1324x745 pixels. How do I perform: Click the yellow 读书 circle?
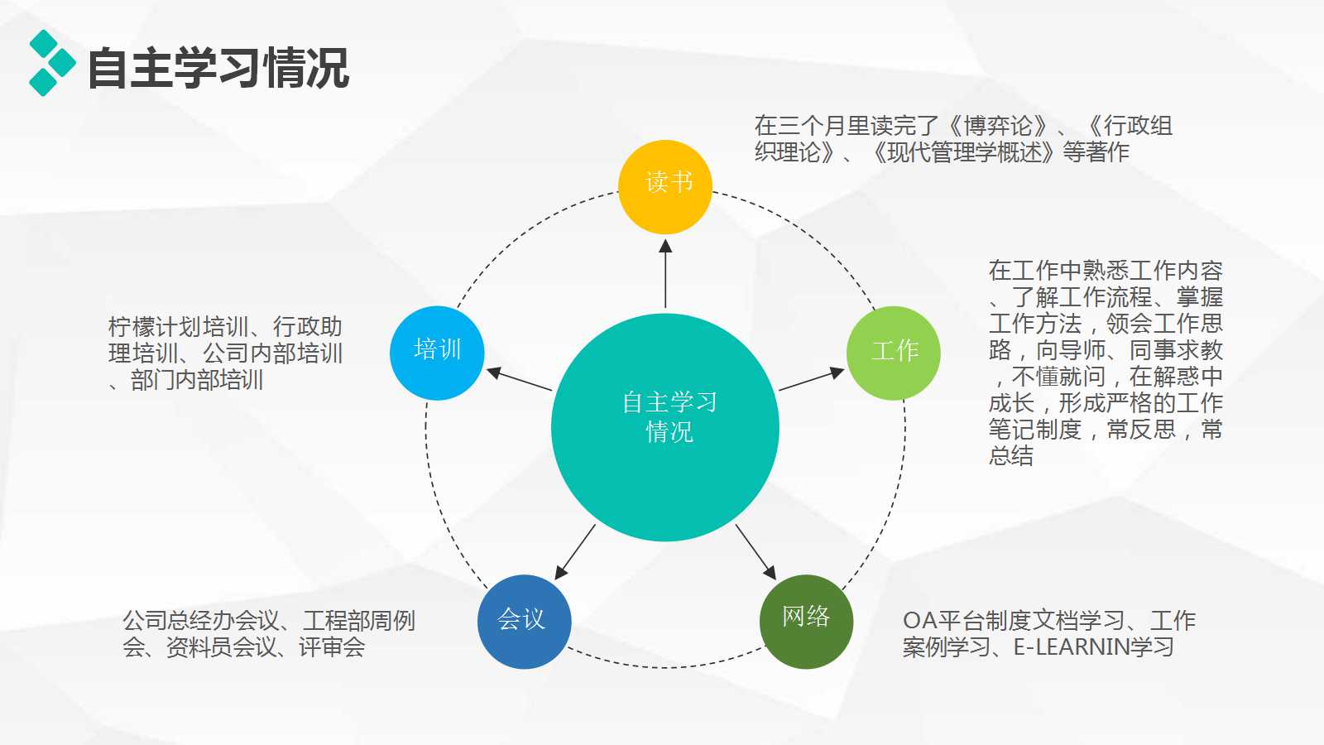(665, 187)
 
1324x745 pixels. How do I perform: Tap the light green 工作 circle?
(894, 353)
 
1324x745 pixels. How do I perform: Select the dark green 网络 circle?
(806, 621)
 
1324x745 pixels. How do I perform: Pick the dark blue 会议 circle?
(524, 621)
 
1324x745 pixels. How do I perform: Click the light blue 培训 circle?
(437, 353)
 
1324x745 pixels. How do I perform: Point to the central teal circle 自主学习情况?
(665, 427)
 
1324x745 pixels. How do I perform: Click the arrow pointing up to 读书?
(665, 273)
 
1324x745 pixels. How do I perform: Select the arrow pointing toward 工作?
(811, 379)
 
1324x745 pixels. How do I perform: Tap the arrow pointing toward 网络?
(756, 551)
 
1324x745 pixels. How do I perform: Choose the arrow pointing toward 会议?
(575, 551)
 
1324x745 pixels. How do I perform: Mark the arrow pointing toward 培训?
(520, 379)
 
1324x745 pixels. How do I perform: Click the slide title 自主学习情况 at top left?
(218, 68)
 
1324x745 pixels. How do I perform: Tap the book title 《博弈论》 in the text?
(998, 126)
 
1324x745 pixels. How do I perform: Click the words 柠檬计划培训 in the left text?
(178, 326)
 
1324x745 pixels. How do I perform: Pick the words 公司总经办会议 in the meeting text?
(201, 620)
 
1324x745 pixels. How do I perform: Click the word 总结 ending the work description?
(1011, 455)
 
